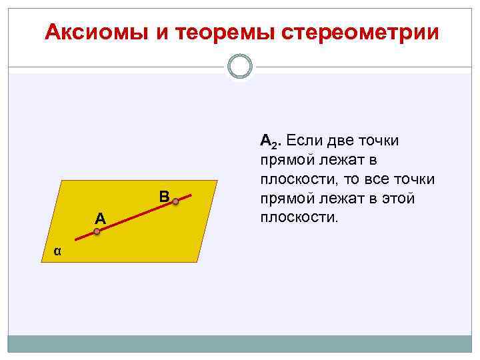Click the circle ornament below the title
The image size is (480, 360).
point(240,67)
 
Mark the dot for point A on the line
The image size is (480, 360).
point(97,231)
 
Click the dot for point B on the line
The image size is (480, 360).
point(175,200)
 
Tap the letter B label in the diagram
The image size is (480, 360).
point(165,196)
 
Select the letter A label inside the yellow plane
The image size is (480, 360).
point(99,217)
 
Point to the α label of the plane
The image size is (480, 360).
point(58,251)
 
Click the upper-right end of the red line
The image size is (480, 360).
point(191,194)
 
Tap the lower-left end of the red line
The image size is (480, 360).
point(75,239)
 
